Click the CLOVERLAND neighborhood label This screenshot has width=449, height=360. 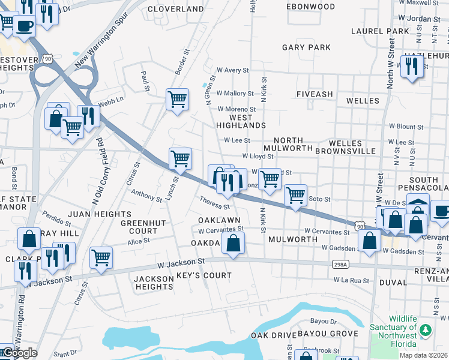176,9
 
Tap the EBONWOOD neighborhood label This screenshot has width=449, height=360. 310,7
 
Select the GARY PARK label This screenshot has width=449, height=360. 306,47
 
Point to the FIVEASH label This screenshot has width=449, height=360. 315,94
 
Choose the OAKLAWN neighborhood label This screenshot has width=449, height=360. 219,221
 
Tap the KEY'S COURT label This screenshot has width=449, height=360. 204,275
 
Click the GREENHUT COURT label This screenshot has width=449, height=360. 139,227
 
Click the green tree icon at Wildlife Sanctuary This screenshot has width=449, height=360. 426,330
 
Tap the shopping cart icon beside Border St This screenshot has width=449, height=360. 177,99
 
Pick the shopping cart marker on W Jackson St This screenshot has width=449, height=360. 101,257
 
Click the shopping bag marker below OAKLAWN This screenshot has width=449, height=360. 233,243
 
